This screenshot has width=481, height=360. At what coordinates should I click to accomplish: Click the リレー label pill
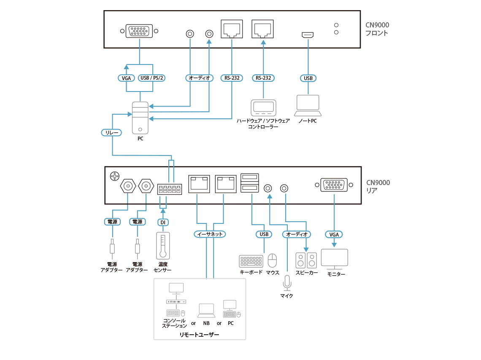point(111,133)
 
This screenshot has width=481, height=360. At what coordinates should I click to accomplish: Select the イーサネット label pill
point(210,234)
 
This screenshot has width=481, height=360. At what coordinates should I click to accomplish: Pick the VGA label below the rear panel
point(334,234)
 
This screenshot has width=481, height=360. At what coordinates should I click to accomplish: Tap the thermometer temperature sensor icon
point(163,245)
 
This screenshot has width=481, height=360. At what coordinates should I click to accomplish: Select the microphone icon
point(287,283)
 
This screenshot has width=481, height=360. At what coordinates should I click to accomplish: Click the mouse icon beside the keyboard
point(273,261)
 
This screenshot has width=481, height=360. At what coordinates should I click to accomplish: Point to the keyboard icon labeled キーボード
point(251,261)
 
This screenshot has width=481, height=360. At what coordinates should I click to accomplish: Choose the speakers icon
point(306,261)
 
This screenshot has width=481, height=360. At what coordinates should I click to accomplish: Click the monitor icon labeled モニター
point(335,259)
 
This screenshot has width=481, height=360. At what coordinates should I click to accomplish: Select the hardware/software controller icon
point(263,108)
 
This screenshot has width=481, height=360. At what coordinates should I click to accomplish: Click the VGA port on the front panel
point(140,32)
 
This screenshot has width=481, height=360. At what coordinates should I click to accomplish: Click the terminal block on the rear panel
point(169,189)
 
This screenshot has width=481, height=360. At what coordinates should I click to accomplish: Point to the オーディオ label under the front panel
point(198,78)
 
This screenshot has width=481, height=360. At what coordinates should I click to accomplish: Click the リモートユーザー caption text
point(199,334)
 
